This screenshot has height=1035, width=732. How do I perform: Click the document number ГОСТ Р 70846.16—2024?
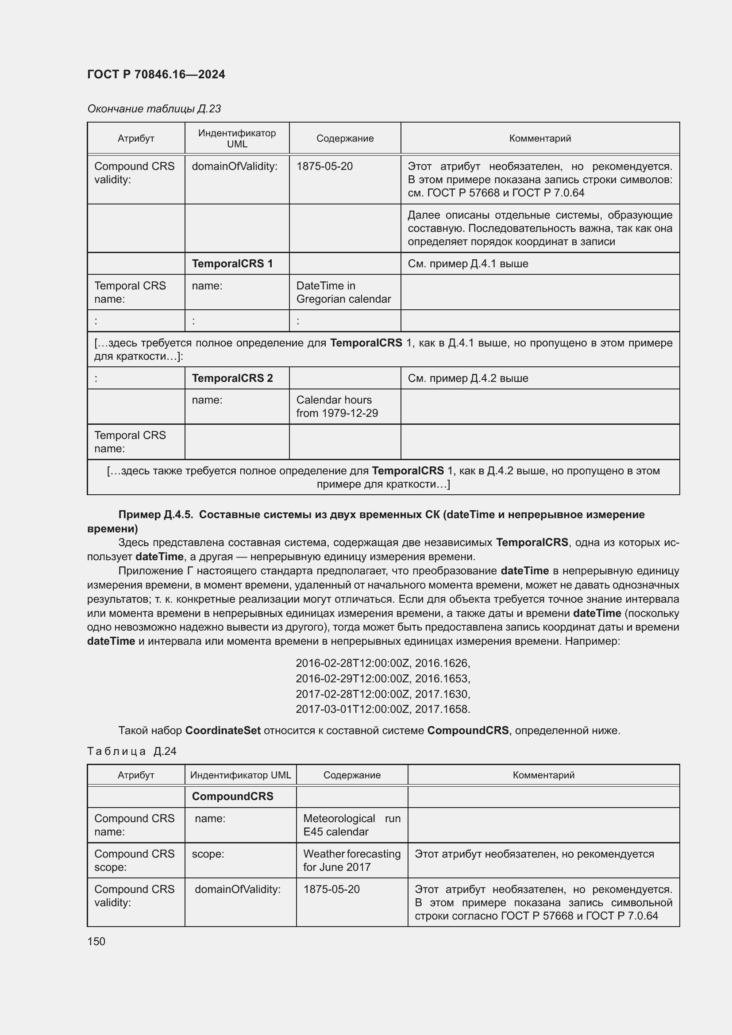click(156, 74)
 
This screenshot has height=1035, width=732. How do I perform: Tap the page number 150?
click(96, 941)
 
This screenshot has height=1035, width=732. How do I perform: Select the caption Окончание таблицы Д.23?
click(154, 109)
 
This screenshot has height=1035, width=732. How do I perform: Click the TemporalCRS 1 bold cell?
click(232, 264)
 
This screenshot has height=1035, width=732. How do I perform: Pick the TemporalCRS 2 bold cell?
click(232, 378)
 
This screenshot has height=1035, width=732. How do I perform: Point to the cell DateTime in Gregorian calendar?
click(343, 292)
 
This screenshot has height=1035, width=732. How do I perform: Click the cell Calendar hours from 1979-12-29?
click(337, 407)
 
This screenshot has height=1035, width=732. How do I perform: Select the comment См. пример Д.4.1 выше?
click(468, 264)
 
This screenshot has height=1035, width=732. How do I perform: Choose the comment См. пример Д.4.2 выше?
click(468, 378)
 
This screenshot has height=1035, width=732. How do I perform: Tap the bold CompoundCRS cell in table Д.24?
click(233, 796)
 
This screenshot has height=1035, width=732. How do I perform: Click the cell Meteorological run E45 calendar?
click(351, 825)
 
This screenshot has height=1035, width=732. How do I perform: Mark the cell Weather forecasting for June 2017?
click(351, 860)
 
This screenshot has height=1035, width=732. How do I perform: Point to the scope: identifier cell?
click(208, 854)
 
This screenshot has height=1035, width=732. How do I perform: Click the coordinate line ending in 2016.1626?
click(383, 663)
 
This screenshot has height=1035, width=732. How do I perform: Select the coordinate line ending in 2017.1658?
click(383, 709)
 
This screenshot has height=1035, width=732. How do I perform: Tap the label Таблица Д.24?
click(131, 751)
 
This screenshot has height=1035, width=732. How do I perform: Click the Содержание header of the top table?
click(345, 139)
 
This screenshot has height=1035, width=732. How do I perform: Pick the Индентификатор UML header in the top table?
click(237, 139)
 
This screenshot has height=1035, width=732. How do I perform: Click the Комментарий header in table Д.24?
click(543, 775)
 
